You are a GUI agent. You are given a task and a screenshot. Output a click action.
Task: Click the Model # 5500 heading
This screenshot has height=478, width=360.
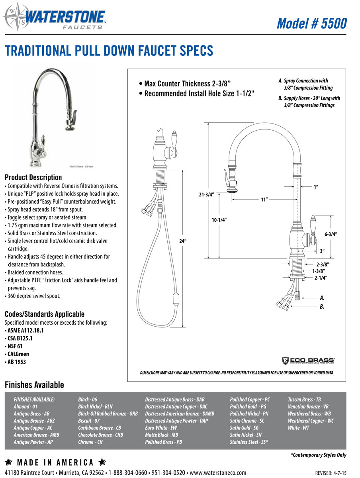[x=311, y=23]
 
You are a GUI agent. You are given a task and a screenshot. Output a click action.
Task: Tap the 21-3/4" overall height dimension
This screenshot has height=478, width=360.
[x=206, y=194]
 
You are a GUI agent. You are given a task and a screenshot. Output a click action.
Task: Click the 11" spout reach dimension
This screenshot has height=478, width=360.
[x=264, y=200]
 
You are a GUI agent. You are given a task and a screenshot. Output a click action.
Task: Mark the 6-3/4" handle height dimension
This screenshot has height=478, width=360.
[x=331, y=234]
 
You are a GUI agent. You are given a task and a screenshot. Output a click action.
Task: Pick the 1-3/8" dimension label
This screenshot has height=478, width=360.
[x=320, y=271]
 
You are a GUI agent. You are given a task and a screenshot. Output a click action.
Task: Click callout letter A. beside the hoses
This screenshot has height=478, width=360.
[x=322, y=298]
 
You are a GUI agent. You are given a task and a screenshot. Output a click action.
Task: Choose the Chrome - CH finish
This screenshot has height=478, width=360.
[x=90, y=442]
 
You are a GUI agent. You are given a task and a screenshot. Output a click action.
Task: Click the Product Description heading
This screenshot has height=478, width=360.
[x=33, y=177]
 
